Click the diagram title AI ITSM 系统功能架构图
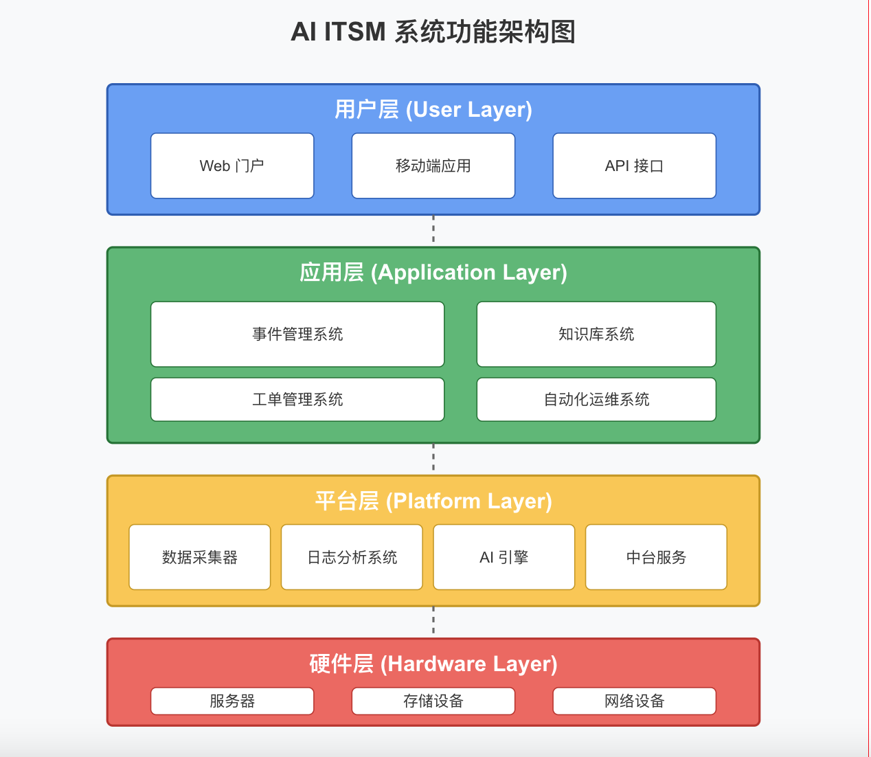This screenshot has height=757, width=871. click(433, 32)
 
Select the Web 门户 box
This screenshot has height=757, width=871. click(232, 166)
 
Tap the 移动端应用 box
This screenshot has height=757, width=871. click(433, 166)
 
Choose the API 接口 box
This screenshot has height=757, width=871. click(634, 166)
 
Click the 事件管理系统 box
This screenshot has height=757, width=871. click(297, 334)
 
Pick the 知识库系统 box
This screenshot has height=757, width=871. click(596, 334)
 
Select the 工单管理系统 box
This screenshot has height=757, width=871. click(297, 399)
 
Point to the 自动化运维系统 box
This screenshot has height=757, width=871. click(596, 399)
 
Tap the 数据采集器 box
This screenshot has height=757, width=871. click(200, 557)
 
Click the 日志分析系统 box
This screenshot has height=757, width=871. click(352, 557)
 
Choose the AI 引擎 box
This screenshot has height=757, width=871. click(504, 557)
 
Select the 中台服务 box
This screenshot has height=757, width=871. click(656, 557)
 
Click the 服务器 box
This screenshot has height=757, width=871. click(232, 701)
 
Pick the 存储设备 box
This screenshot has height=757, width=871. click(433, 701)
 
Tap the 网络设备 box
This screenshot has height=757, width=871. click(634, 701)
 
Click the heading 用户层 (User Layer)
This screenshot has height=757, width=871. click(433, 110)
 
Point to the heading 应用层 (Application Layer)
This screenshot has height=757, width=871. click(433, 273)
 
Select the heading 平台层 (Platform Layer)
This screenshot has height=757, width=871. click(433, 501)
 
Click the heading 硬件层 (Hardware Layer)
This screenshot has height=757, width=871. click(433, 664)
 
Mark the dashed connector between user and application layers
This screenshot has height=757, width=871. click(433, 230)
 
